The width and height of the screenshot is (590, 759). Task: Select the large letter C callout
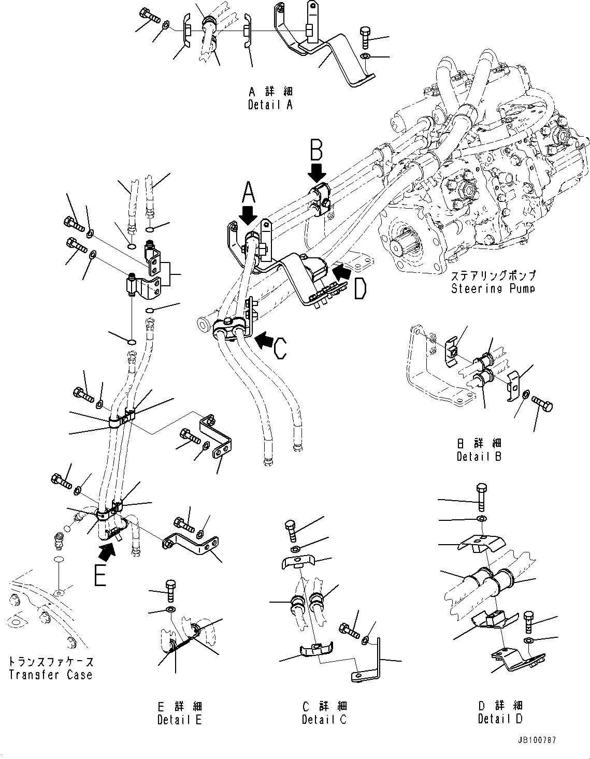tap(280, 347)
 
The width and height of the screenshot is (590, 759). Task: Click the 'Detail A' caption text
tap(270, 105)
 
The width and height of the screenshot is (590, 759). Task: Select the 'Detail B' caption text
tap(479, 457)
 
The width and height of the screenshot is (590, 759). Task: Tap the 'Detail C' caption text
tap(324, 719)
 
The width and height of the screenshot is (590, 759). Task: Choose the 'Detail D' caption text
tap(500, 719)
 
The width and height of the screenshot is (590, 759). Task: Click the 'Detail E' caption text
tap(179, 719)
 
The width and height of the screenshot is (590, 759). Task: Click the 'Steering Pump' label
tap(493, 288)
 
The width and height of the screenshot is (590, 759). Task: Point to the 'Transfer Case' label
tap(51, 675)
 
